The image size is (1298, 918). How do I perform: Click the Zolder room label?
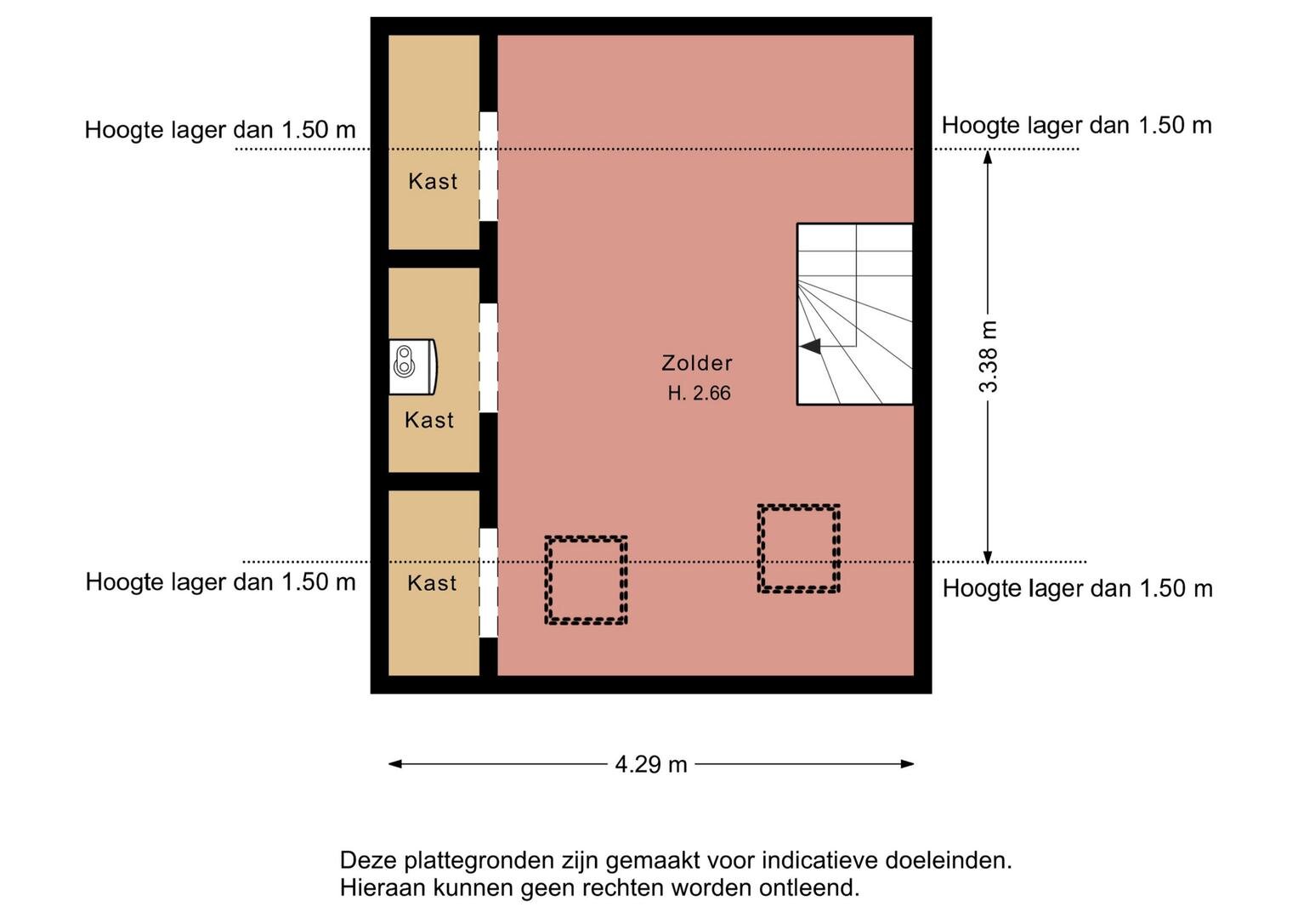coord(697,364)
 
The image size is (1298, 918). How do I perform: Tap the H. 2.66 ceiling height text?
coord(699,394)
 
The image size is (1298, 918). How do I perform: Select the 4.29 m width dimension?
coord(651,764)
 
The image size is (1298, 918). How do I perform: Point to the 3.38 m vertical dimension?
coord(988,356)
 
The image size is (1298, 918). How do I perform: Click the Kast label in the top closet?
coord(433,181)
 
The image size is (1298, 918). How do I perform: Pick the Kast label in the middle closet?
coord(429,420)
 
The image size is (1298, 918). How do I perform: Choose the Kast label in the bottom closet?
coord(433,583)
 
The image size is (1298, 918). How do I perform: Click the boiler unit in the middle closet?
coord(412,367)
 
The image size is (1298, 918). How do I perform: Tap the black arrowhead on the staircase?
coord(810,347)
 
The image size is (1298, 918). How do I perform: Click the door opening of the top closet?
coord(489,167)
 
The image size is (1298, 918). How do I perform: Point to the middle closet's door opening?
coord(489,358)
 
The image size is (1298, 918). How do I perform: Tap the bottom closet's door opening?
coord(489,582)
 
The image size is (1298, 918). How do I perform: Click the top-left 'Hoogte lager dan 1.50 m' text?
coord(220,130)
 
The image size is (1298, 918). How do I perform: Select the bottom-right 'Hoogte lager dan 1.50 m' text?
coord(1078,589)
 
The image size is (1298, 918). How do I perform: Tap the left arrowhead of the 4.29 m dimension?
coord(395,764)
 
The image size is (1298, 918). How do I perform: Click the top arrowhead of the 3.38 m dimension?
coord(988,156)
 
